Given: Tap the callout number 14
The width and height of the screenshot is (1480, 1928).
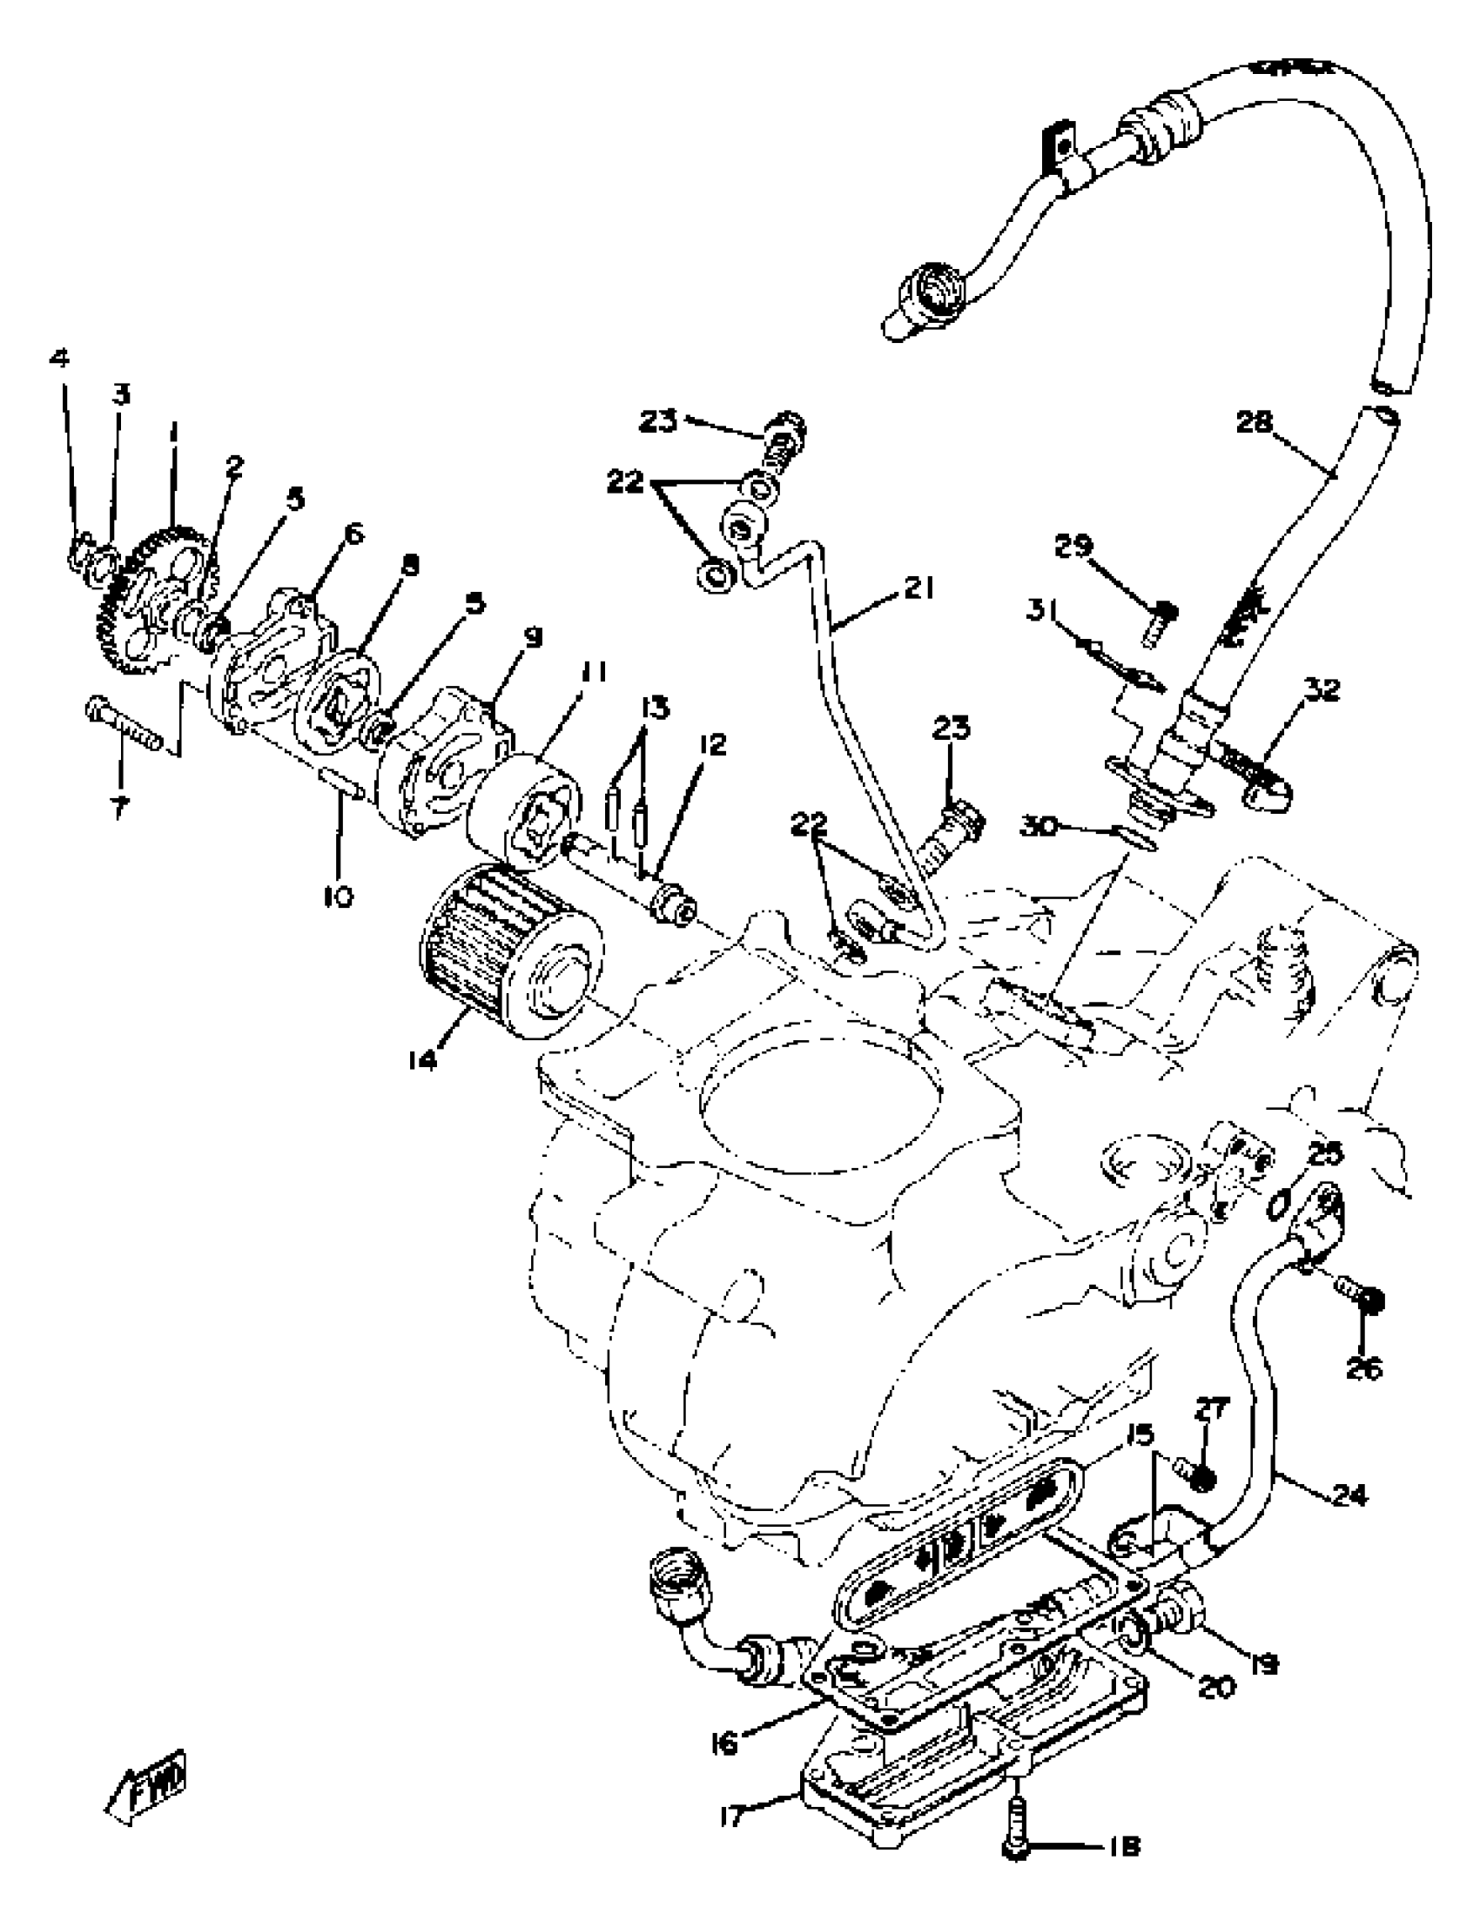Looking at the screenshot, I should point(424,1060).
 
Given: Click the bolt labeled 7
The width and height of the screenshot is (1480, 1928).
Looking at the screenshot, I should point(124,717).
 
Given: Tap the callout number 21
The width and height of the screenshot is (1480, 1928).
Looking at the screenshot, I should point(917,588).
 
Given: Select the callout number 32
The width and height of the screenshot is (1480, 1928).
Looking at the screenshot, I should point(1322,689).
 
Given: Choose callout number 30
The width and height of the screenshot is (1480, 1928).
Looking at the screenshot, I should point(1040,827).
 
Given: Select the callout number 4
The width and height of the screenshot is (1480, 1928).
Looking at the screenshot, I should point(60,359).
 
